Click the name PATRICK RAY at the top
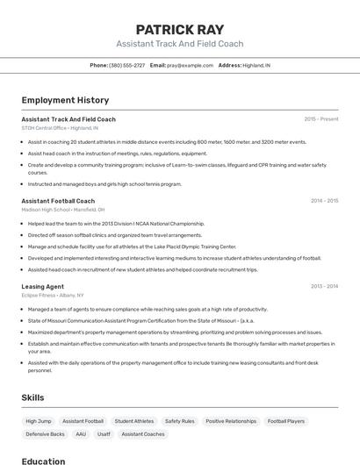point(179,29)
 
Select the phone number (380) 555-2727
point(126,65)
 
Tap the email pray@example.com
point(190,65)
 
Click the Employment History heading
point(65,100)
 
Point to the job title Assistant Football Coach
point(58,201)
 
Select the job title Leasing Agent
point(42,286)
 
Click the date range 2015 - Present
point(320,119)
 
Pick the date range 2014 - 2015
point(324,201)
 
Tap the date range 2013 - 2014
point(324,286)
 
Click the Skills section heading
point(32,397)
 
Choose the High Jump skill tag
point(38,421)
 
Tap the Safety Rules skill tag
point(180,421)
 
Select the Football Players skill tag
point(286,421)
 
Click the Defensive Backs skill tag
point(45,434)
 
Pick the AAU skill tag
point(81,434)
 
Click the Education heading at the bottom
point(43,461)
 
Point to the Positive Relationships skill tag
point(231,421)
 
